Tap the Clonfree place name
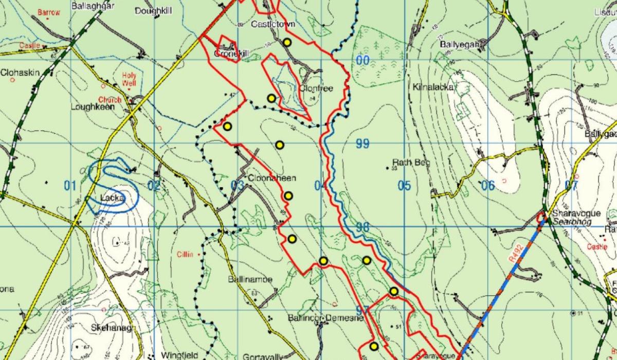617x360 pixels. tap(316, 88)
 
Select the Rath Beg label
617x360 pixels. tap(411, 163)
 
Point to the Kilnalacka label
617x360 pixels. tap(433, 87)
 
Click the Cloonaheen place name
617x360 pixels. tap(272, 178)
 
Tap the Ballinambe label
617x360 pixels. tap(250, 279)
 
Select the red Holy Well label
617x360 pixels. tap(129, 79)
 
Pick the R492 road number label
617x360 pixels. tap(516, 256)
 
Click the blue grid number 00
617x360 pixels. tap(363, 61)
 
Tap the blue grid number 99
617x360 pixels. tap(362, 144)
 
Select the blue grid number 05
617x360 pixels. tap(404, 186)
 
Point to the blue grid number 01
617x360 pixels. tap(70, 186)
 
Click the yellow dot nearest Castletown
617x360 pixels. tap(287, 42)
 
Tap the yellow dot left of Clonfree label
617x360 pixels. tap(271, 98)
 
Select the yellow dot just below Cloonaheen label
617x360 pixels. tap(288, 195)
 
